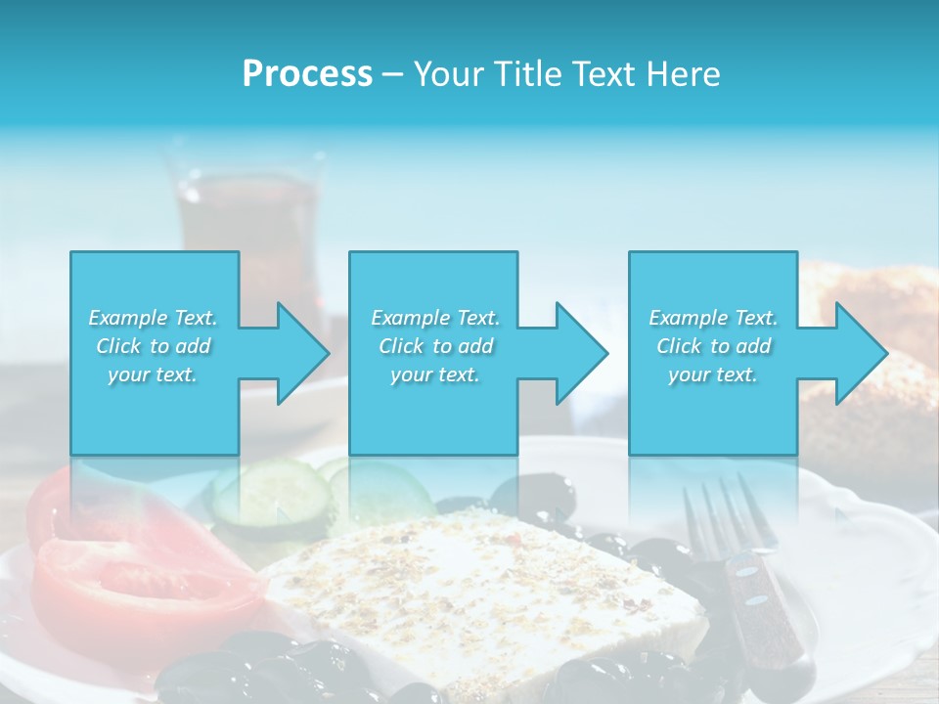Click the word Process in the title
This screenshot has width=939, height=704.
[x=307, y=74]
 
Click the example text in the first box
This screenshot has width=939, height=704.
[x=154, y=346]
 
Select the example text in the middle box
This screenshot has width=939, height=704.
[x=434, y=346]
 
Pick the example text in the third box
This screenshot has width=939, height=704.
[x=713, y=346]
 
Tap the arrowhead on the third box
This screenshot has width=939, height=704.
[x=857, y=353]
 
